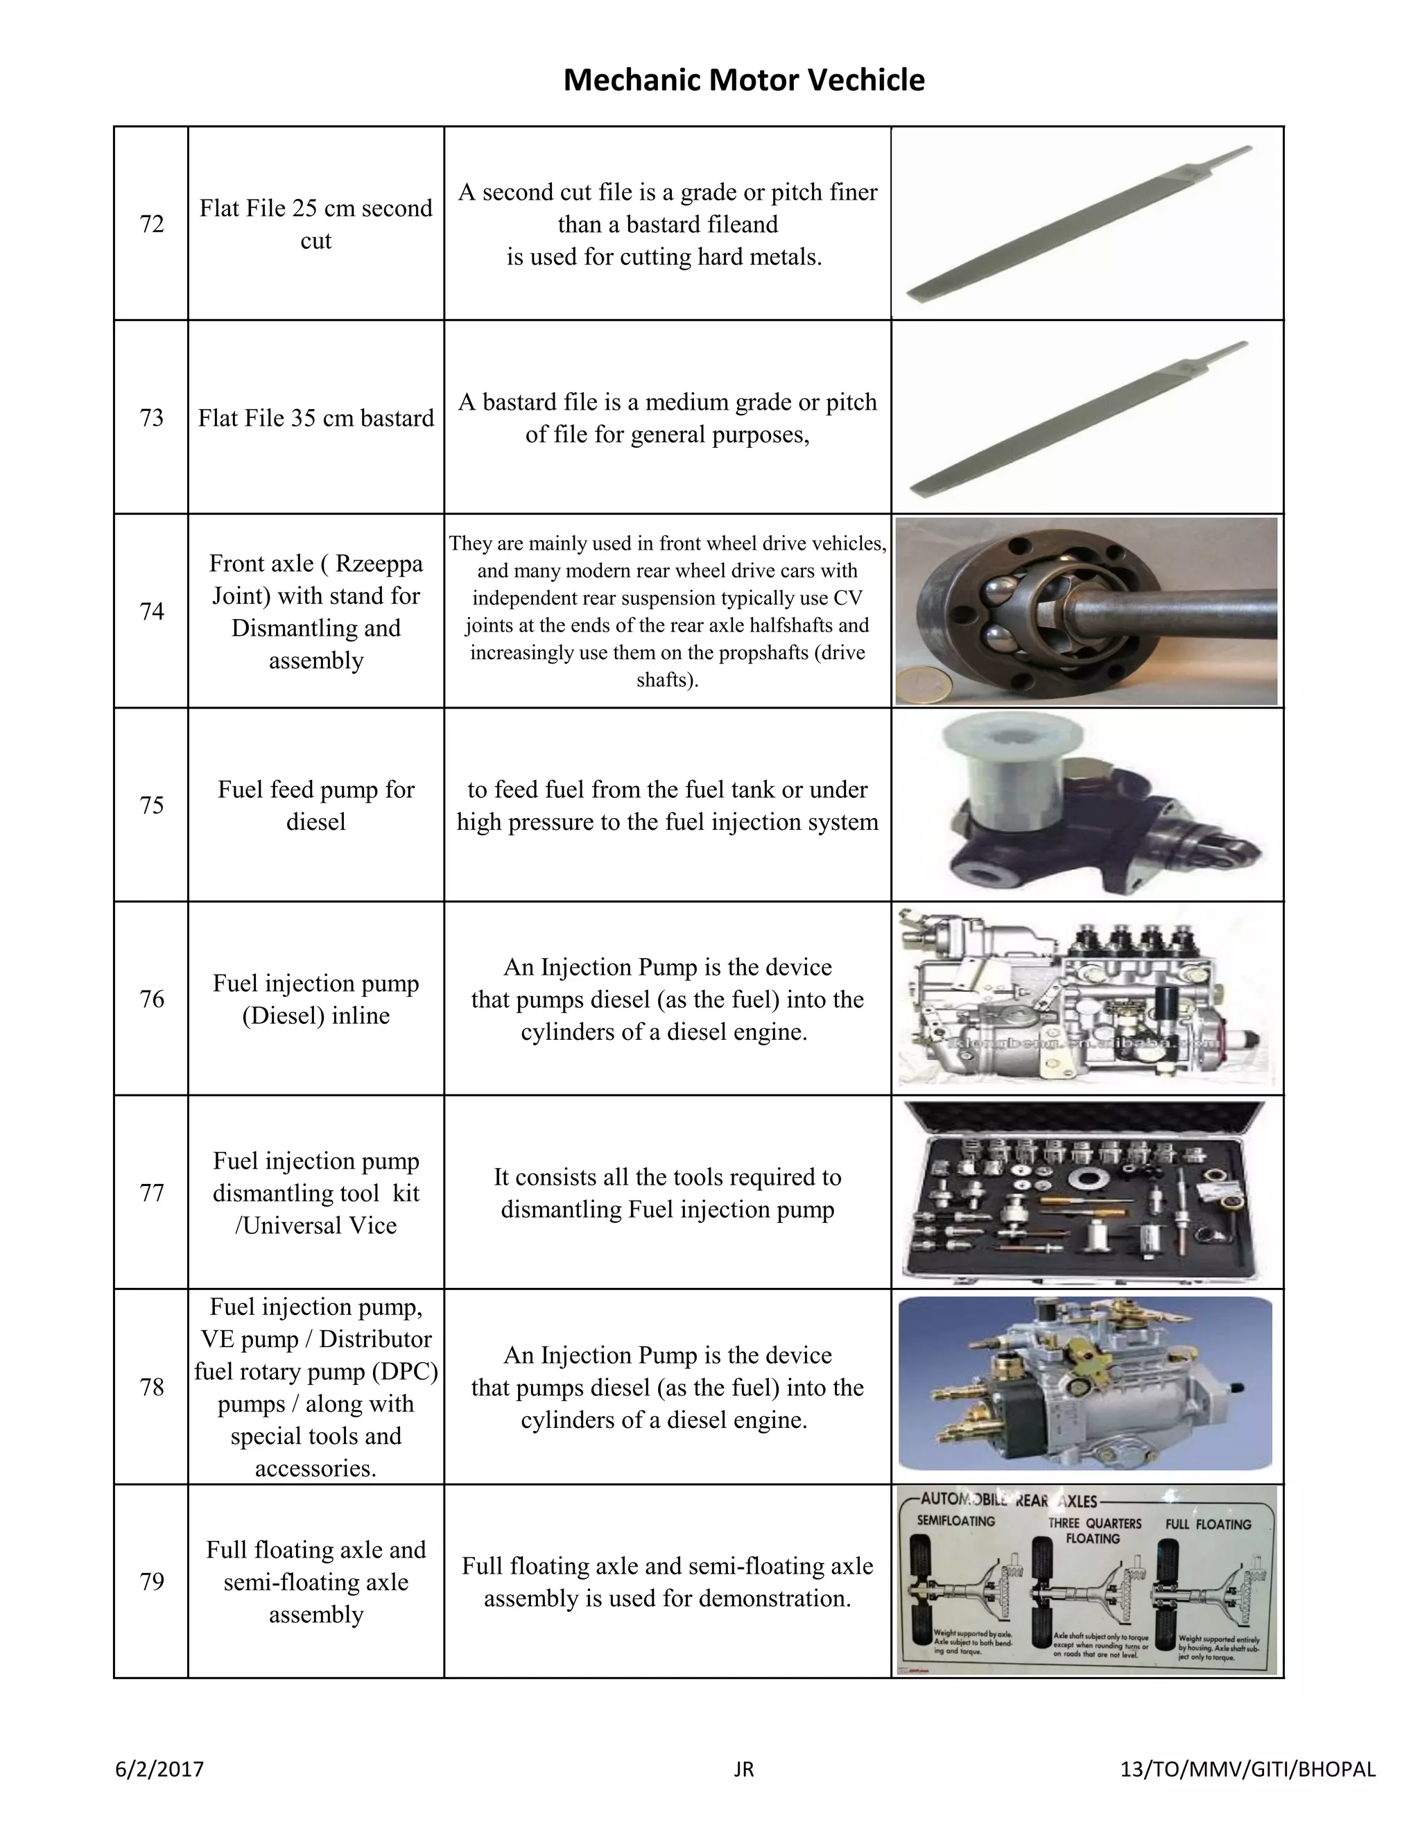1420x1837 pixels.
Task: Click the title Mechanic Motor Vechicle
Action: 744,80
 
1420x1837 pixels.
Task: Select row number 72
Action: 151,224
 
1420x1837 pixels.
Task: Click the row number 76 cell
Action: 151,998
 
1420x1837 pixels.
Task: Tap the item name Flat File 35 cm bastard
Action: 315,418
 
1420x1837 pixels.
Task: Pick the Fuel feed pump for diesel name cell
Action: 315,805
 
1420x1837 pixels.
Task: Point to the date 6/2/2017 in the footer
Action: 159,1769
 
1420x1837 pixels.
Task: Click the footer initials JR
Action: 744,1769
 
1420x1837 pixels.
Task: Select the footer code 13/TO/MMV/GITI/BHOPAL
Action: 1248,1769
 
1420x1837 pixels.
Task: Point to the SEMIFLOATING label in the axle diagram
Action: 955,1521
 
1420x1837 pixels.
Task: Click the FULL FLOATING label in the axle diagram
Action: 1208,1523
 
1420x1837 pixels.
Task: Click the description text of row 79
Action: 667,1581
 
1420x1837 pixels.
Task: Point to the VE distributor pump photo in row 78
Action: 1085,1385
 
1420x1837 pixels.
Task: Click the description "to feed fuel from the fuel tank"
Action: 667,790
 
